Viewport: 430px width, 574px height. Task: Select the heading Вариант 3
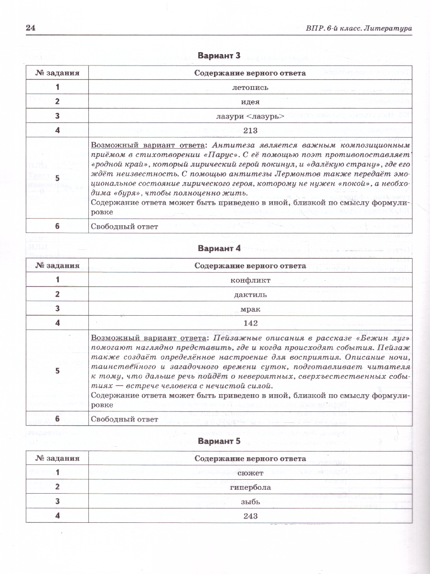tap(219, 55)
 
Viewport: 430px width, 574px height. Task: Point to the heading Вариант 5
tap(219, 441)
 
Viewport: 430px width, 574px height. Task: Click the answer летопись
tap(250, 88)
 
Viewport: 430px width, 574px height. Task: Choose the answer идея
tap(250, 102)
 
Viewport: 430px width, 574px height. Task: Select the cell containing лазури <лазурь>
tap(250, 116)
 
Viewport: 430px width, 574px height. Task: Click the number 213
tap(250, 131)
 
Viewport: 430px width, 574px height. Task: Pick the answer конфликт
tap(250, 280)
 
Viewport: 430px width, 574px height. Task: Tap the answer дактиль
tap(250, 294)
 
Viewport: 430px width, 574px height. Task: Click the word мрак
tap(250, 309)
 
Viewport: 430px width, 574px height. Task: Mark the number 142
tap(250, 323)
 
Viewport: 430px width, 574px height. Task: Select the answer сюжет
tap(250, 473)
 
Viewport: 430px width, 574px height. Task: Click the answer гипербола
tap(250, 487)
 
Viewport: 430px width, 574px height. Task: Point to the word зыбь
tap(250, 502)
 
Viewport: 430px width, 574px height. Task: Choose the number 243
tap(250, 516)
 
